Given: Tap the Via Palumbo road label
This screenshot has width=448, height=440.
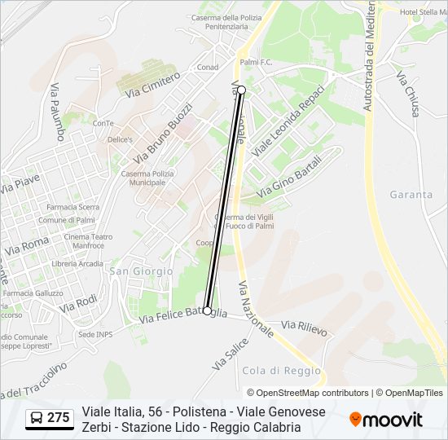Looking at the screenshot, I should tap(57, 112).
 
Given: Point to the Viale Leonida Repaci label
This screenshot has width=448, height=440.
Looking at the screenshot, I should tap(288, 121).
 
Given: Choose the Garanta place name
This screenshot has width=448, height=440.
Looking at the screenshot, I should tap(411, 195).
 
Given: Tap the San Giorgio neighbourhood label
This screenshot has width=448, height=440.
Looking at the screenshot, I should tap(141, 271).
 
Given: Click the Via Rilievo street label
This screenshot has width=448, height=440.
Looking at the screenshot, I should tap(304, 328).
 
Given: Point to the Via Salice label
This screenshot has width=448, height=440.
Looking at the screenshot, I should tap(230, 355).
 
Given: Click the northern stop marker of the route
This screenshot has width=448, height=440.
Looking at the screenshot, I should tap(242, 90).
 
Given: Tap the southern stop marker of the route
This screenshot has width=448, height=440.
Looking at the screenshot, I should tap(208, 310).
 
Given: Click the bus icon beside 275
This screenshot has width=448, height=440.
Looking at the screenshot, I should tap(36, 418).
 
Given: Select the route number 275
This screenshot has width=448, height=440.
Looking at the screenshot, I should tap(58, 418).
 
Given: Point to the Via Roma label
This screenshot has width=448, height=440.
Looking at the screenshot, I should tap(26, 244).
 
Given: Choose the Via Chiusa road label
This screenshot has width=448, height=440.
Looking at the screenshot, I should tap(407, 94).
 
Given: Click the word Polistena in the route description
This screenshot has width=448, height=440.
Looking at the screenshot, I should tap(188, 412).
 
